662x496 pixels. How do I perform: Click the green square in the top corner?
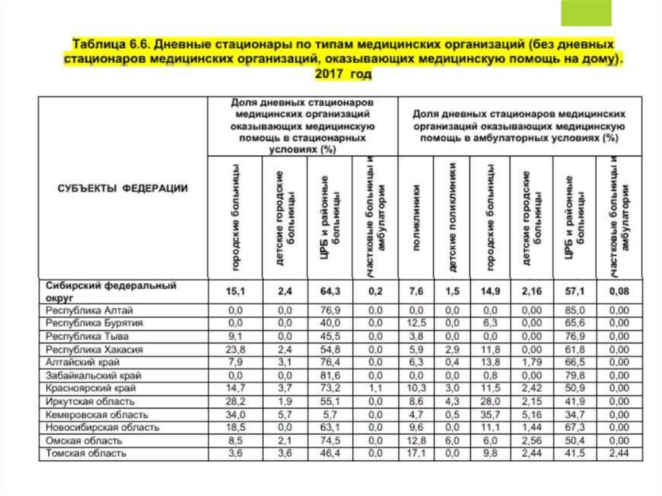586,13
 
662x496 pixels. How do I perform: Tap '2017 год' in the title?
343,74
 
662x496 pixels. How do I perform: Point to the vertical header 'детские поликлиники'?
453,217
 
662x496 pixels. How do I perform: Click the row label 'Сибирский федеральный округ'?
111,290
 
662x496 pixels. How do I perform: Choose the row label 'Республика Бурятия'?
93,323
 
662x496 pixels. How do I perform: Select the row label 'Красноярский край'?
91,388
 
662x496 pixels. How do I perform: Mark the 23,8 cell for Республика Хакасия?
235,349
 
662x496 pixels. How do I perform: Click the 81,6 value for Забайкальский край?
330,375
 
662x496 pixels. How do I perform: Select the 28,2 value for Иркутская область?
235,402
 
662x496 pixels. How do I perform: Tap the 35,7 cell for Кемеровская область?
491,415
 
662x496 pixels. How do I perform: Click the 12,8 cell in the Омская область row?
416,440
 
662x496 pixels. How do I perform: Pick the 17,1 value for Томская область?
416,453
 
